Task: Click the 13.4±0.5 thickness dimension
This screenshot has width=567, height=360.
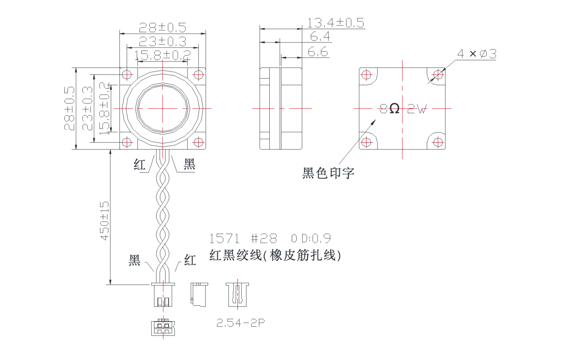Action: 335,23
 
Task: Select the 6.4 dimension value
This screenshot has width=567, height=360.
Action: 320,36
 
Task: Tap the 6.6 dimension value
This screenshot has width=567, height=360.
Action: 317,52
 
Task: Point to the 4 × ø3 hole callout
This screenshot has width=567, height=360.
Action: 477,54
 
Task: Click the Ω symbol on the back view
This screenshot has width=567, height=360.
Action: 394,109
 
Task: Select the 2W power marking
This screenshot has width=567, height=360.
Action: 417,109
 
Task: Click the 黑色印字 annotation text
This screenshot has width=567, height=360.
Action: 328,172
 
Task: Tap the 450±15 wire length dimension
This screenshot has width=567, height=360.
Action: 105,220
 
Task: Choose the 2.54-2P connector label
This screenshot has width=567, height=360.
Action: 241,323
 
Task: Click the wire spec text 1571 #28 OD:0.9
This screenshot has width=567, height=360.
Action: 270,239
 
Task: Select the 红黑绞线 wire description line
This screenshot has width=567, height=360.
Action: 275,255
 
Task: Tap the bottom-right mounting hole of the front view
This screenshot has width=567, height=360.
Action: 198,142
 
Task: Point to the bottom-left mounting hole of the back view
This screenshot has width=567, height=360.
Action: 366,142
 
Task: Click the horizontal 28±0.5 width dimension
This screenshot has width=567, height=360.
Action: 162,27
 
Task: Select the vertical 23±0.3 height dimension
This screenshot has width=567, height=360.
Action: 87,108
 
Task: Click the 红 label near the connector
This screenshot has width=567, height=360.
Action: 190,260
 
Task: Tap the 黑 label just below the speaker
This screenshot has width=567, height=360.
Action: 189,164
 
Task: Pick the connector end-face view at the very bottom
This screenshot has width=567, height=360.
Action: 163,327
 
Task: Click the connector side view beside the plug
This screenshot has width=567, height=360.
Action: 199,294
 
